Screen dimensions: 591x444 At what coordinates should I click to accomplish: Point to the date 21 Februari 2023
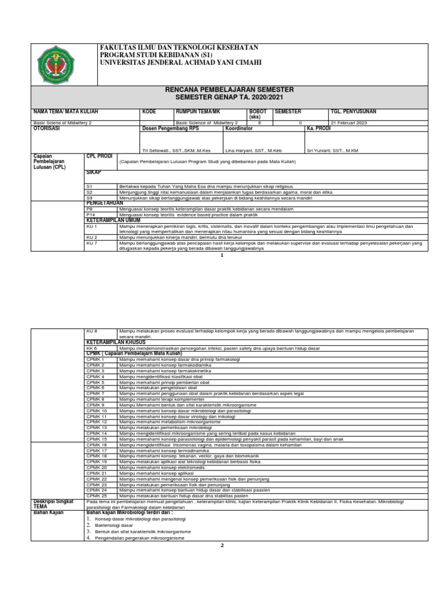[x=350, y=123]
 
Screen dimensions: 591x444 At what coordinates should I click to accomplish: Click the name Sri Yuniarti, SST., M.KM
[x=333, y=150]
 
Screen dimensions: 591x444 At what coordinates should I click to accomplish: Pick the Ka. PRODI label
[x=318, y=129]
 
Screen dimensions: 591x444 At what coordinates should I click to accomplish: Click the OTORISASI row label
[x=47, y=129]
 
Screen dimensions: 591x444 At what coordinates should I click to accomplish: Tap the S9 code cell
[x=90, y=197]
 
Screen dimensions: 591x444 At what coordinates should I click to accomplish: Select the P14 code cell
[x=90, y=214]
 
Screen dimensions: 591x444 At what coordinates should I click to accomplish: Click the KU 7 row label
[x=91, y=244]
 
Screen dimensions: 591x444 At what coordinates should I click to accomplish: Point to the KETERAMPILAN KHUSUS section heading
[x=120, y=342]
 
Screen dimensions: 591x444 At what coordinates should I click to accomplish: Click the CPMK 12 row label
[x=97, y=422]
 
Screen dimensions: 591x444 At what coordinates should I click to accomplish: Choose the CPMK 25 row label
[x=97, y=496]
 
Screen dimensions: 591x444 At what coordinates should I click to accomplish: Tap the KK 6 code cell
[x=91, y=349]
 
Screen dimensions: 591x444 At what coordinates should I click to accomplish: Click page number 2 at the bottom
[x=221, y=544]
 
